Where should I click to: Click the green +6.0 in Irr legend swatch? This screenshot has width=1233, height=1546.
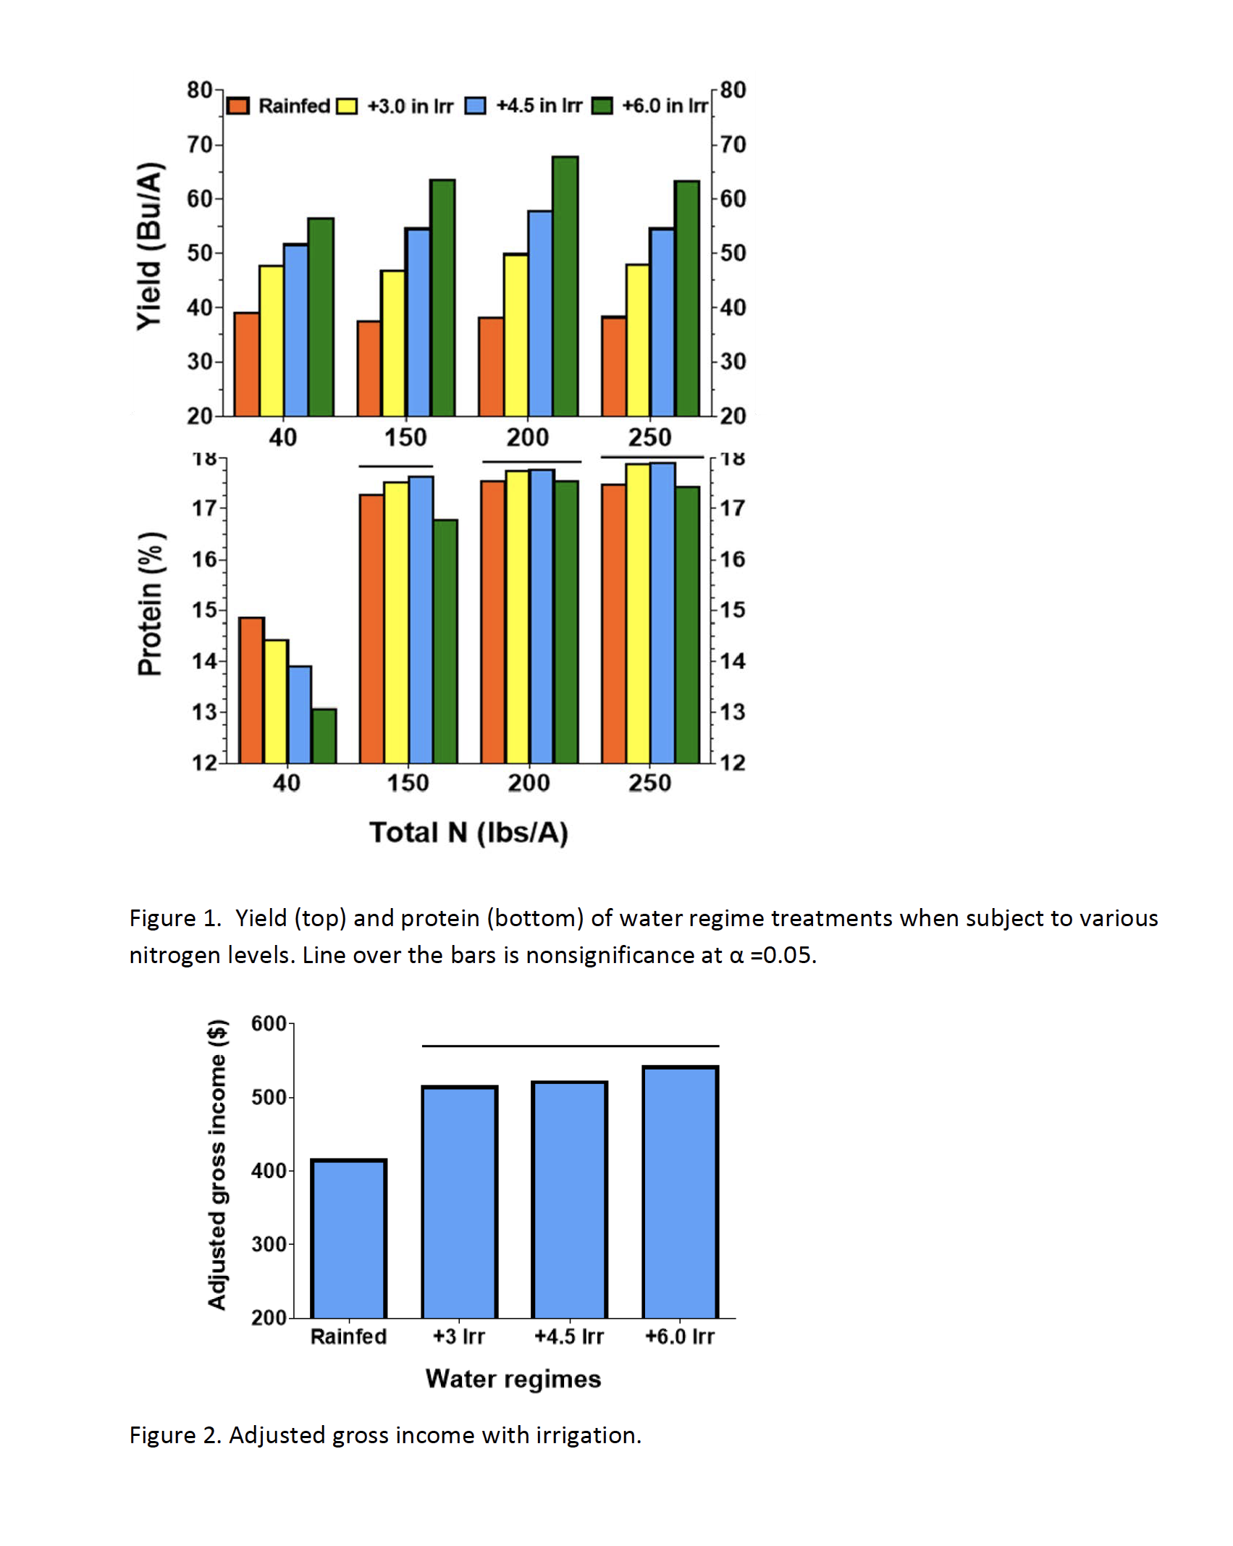602,106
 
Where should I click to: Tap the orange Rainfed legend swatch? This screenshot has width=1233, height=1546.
237,106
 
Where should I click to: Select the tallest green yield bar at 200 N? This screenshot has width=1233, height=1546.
565,286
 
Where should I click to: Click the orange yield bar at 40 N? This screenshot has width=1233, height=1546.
247,364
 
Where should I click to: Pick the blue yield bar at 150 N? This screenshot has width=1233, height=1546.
418,322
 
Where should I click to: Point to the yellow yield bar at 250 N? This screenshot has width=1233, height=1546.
638,340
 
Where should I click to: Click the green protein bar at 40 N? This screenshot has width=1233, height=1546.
324,736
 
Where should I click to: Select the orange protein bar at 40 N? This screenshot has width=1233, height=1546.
252,690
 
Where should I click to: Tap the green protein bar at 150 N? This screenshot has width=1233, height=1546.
445,642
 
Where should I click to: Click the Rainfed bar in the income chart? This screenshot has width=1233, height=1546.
348,1238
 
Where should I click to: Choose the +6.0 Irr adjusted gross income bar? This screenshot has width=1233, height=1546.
681,1192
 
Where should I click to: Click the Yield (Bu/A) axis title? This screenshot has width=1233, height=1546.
150,247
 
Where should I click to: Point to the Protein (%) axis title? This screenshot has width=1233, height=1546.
151,605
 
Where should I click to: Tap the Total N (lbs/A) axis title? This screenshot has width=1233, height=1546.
469,833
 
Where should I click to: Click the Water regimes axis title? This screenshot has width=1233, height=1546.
513,1379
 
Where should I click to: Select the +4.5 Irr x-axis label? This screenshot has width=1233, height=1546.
569,1336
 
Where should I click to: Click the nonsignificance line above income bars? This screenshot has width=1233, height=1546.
571,1046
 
